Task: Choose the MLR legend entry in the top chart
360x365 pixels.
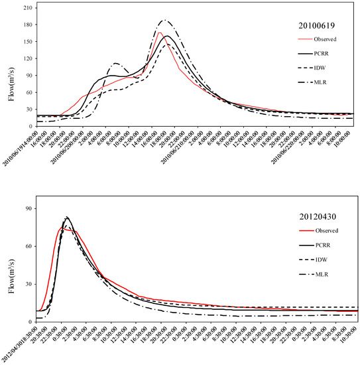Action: [320, 84]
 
